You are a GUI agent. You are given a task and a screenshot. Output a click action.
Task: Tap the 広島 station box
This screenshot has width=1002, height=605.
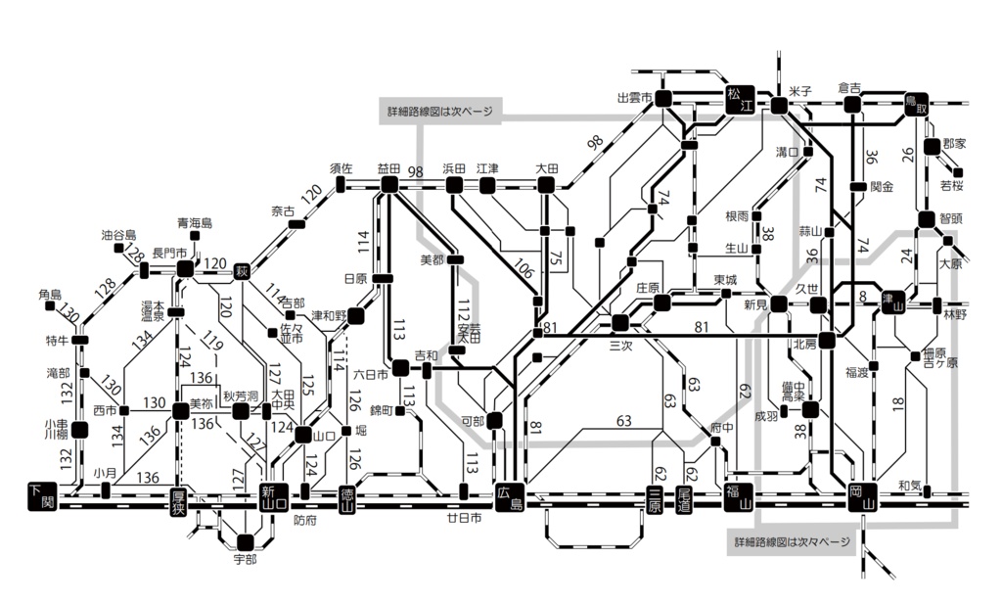point(510,497)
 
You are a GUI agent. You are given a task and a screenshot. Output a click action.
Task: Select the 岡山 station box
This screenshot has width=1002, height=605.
point(861,497)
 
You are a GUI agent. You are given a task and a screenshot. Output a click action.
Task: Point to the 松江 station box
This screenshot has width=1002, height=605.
point(741,100)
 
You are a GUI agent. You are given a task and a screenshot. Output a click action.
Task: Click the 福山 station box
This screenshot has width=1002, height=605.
point(737,497)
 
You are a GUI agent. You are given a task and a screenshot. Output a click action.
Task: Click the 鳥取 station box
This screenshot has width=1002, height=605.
point(916,105)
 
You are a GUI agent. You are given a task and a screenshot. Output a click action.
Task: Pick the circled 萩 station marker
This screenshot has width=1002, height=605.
point(244,267)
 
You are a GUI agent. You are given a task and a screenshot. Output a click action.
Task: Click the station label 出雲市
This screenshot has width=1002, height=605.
point(634,98)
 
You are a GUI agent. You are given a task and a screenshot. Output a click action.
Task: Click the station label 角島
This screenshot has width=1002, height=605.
point(50,294)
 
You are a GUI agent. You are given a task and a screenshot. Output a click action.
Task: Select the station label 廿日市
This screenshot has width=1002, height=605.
point(465,518)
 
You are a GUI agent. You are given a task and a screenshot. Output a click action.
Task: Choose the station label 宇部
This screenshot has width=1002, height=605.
point(245,559)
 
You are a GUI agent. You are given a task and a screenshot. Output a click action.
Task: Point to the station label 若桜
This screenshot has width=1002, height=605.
point(951,185)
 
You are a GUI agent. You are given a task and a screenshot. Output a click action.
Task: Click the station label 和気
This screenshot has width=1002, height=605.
point(910,485)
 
